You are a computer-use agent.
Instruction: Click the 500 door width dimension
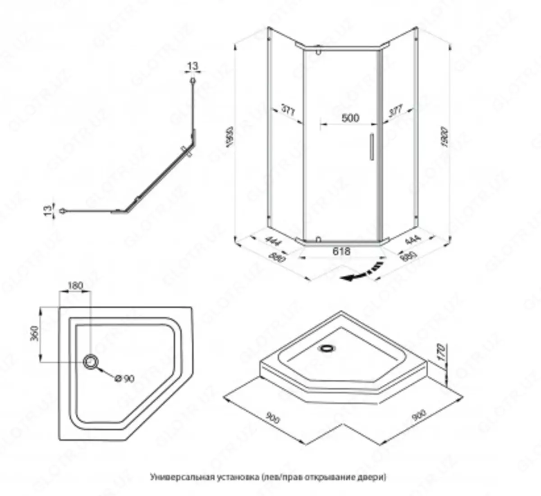pyautogui.click(x=350, y=118)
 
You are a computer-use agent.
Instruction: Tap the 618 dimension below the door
pyautogui.click(x=341, y=251)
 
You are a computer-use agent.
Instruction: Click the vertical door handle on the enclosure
pyautogui.click(x=371, y=147)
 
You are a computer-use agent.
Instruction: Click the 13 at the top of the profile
pyautogui.click(x=193, y=66)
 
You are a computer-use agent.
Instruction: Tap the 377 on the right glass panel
pyautogui.click(x=395, y=111)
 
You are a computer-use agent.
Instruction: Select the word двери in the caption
pyautogui.click(x=376, y=476)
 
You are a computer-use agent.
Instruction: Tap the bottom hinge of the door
pyautogui.click(x=319, y=240)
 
